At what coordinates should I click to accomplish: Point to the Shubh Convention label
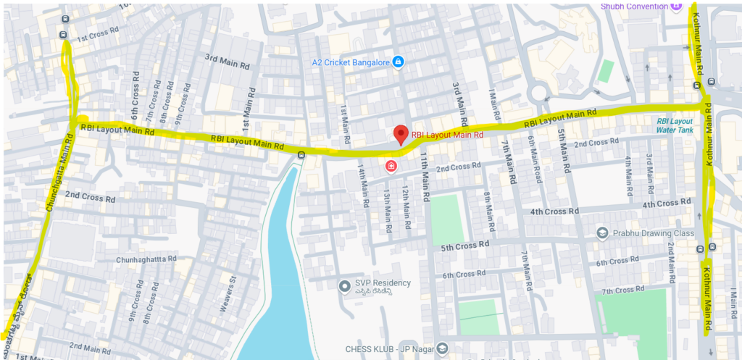(634, 6)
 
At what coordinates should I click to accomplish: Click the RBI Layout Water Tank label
(674, 125)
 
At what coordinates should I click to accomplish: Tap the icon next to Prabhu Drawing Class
(601, 233)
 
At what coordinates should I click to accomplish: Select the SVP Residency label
(383, 282)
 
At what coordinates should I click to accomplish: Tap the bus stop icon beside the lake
(301, 154)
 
